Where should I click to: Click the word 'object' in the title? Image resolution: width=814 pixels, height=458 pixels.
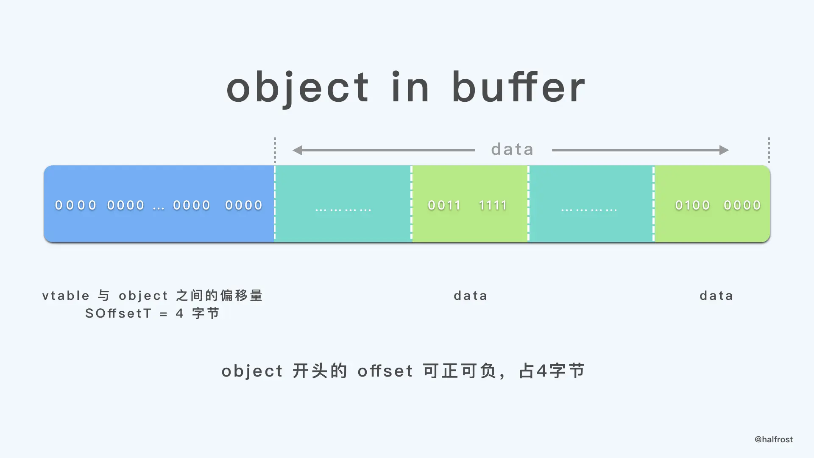click(x=298, y=88)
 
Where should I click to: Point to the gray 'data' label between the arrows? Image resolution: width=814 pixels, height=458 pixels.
click(x=512, y=149)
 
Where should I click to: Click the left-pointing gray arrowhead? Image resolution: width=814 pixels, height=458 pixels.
click(x=298, y=150)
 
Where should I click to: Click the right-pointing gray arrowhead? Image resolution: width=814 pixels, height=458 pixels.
click(x=724, y=150)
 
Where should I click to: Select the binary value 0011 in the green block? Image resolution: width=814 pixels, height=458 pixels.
click(x=444, y=205)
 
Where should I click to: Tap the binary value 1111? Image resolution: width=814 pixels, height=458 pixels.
click(x=493, y=205)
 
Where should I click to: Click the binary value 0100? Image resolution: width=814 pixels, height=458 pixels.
click(x=692, y=205)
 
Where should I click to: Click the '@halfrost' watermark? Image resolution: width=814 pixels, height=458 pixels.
click(x=773, y=439)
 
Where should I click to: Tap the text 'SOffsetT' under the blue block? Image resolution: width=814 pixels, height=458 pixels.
click(x=118, y=313)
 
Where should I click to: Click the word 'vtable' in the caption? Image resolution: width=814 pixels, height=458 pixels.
click(x=66, y=296)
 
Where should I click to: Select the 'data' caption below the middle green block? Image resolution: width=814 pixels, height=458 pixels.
click(x=470, y=296)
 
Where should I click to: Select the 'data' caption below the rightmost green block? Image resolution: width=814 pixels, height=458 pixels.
click(x=716, y=296)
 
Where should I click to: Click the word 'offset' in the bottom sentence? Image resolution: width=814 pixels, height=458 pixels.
click(x=385, y=371)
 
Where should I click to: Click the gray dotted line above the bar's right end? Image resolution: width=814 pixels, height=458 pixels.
click(x=769, y=150)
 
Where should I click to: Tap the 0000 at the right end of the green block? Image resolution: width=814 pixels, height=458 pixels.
click(x=742, y=205)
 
